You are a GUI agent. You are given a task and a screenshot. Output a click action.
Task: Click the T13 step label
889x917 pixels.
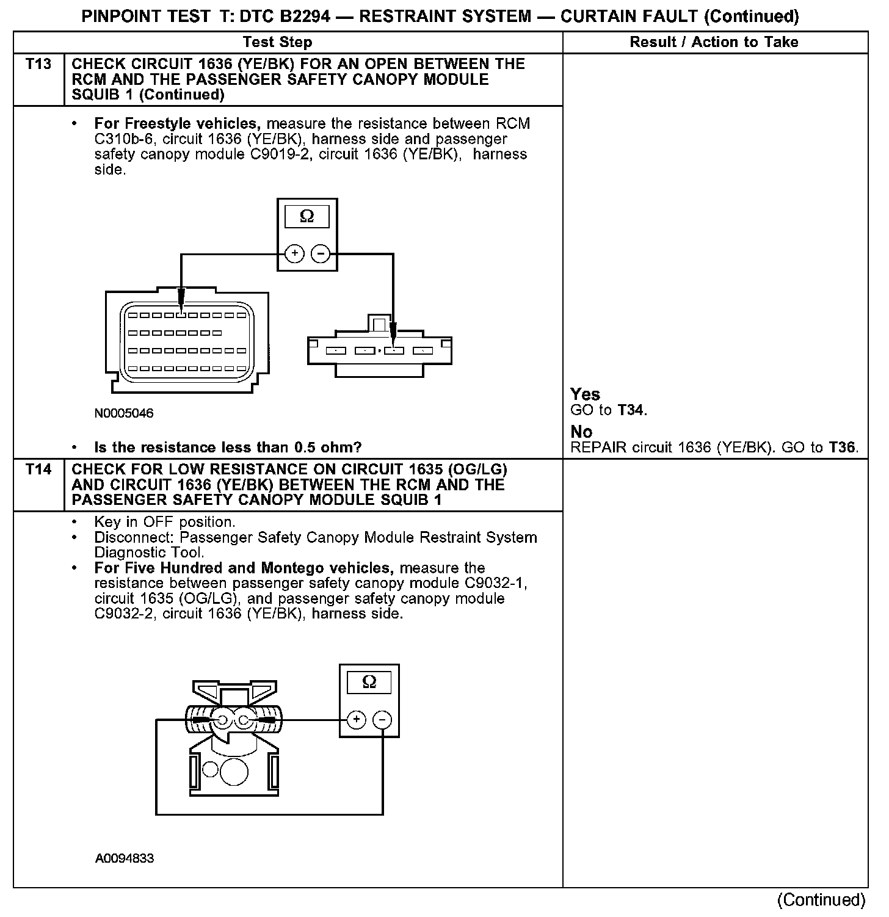[x=38, y=63]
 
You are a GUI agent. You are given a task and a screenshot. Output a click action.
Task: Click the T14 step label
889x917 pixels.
[x=38, y=469]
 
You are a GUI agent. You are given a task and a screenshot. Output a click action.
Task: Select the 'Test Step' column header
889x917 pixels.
[x=277, y=42]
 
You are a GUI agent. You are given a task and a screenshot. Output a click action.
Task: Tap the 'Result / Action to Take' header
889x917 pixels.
[x=714, y=42]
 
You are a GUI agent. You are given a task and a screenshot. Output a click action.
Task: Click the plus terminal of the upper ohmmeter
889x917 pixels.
[x=294, y=253]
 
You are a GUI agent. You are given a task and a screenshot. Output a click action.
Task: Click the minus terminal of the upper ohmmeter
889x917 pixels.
[x=321, y=253]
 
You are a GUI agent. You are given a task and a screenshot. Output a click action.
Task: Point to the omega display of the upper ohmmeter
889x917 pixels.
[x=307, y=217]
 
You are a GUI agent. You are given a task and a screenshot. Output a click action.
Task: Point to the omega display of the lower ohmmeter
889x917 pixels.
[x=369, y=682]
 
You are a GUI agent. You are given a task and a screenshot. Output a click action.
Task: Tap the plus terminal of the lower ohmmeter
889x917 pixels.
[x=357, y=720]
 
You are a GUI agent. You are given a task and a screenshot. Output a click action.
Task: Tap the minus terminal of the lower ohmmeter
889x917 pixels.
[x=383, y=720]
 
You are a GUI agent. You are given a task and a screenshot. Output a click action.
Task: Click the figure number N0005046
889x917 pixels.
[x=124, y=413]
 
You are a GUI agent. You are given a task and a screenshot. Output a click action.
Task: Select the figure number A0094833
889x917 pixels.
[x=125, y=858]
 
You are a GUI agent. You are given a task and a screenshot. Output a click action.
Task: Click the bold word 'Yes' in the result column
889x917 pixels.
[x=585, y=394]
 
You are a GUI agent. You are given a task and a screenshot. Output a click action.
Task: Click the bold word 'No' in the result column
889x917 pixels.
[x=581, y=432]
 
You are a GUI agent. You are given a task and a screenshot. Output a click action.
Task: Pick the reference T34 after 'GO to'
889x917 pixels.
[x=631, y=410]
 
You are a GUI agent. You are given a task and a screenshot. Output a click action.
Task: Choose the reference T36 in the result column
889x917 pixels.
[x=843, y=448]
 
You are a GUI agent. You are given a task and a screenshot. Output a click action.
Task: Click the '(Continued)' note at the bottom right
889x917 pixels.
[x=821, y=900]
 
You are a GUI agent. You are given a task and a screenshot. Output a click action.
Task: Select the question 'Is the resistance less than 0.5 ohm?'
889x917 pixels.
[x=228, y=448]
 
